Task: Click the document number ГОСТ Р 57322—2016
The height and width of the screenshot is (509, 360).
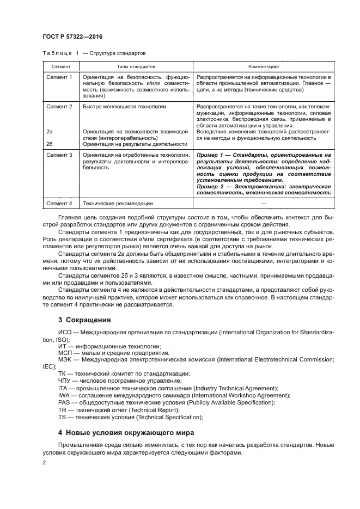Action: pos(72,37)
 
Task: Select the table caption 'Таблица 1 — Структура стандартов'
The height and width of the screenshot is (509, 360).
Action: pos(94,53)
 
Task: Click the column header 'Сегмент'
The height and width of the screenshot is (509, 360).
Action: pos(57,66)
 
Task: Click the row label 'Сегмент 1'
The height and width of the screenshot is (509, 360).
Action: pos(59,77)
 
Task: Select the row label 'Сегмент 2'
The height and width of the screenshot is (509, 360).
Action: pos(59,107)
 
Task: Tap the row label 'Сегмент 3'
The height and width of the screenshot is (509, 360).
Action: pos(59,155)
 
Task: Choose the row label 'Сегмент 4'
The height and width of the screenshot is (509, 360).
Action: pos(59,204)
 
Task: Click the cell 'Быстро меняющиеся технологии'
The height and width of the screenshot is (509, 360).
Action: pos(124,107)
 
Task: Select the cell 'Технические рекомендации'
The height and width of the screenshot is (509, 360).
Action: pos(118,204)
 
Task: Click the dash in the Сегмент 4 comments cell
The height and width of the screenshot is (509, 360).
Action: pos(264,204)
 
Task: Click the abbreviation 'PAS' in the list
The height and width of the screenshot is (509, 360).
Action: pos(65,402)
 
